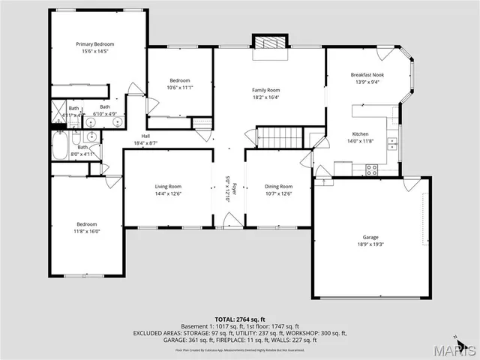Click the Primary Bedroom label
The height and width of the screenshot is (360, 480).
(x=97, y=45)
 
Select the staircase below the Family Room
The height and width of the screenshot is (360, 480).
(x=280, y=137)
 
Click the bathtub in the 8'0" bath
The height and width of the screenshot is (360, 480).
(x=61, y=145)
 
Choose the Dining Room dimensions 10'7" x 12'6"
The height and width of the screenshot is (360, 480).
(x=279, y=193)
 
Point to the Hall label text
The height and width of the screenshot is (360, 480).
(x=145, y=136)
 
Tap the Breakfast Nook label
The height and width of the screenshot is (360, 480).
(x=367, y=75)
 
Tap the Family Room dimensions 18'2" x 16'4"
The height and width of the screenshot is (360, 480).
(x=265, y=97)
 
